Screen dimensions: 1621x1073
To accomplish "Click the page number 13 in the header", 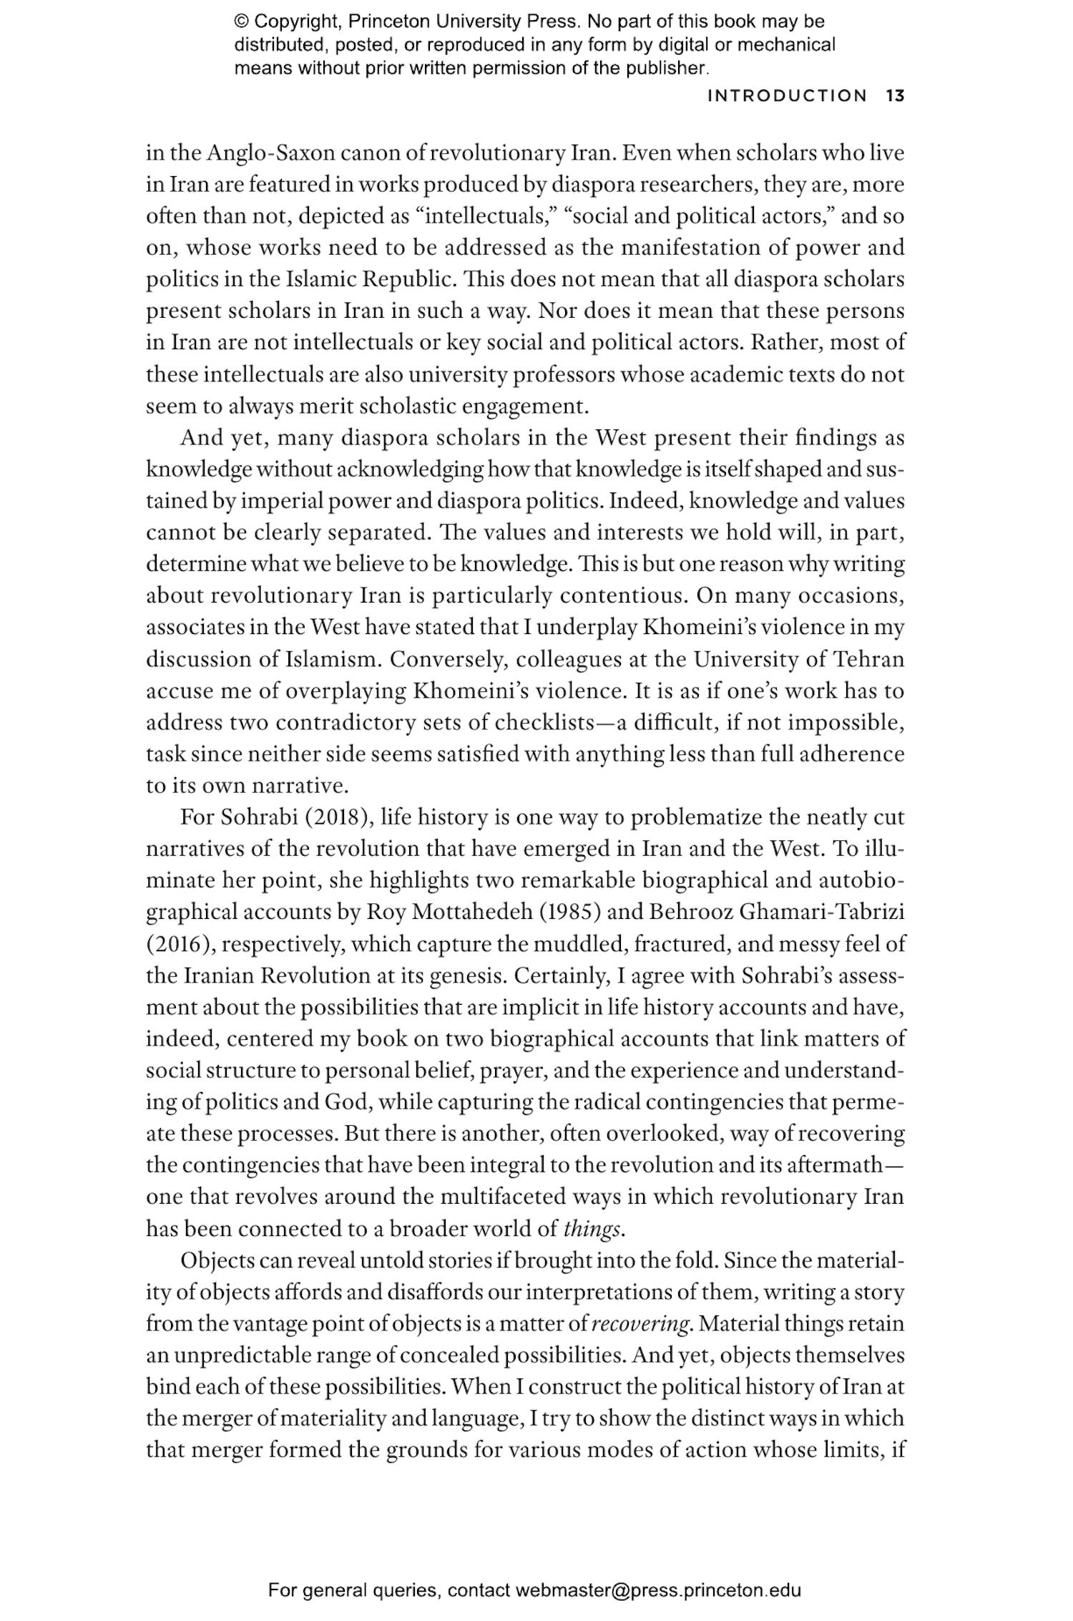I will pyautogui.click(x=895, y=96).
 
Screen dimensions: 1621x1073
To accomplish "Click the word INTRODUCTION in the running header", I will pyautogui.click(x=787, y=96).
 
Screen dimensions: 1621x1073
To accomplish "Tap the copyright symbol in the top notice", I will pyautogui.click(x=241, y=21).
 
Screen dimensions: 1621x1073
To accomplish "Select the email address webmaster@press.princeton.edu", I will pyautogui.click(x=657, y=1591).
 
